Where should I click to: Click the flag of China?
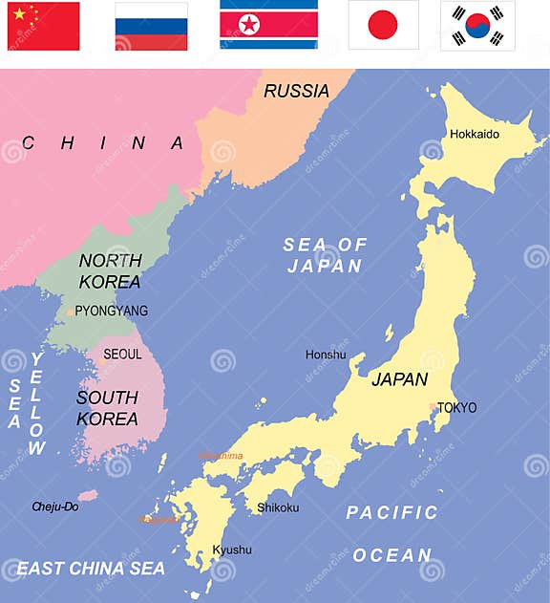pos(43,26)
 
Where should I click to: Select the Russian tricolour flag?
pos(151,26)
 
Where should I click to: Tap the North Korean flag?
pos(268,24)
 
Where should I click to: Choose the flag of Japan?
pos(383,25)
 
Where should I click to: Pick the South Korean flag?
pos(477,25)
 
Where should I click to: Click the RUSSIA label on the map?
pos(296,92)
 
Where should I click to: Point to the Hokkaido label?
pos(474,134)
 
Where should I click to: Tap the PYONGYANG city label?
pos(112,311)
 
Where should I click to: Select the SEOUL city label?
pos(122,354)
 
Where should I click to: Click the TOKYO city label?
pos(456,408)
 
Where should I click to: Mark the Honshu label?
pos(326,355)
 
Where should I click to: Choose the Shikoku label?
pos(278,507)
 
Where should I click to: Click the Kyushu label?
pos(232,549)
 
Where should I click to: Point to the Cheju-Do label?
pos(54,506)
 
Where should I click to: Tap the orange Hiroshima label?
pos(221,456)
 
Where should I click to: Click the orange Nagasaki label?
pos(158,520)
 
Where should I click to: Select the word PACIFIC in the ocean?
pos(391,513)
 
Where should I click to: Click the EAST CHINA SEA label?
pos(91,569)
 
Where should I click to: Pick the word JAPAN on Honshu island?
pos(399,379)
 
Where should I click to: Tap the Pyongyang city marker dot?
pos(70,312)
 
